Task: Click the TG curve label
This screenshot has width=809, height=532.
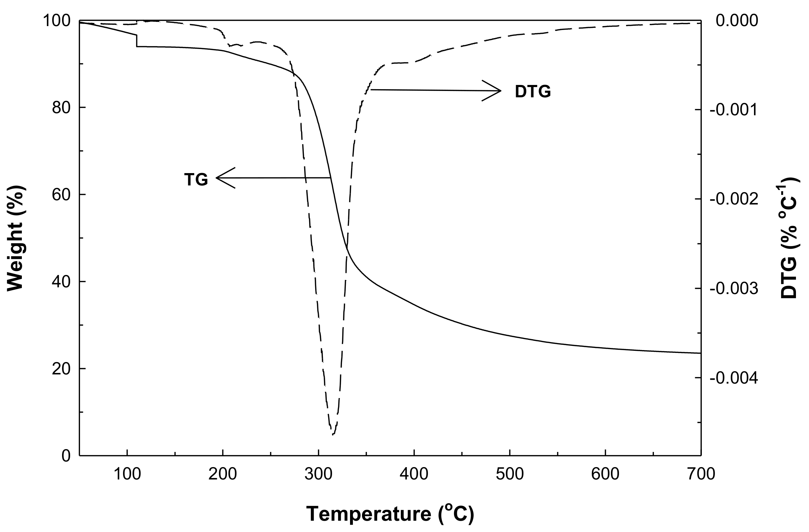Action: (196, 180)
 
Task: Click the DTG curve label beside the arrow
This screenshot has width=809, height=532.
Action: (533, 92)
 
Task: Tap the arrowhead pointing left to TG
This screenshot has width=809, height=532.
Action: (222, 178)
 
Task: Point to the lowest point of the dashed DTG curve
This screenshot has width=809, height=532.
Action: (333, 434)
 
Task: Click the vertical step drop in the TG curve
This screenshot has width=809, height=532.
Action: (137, 41)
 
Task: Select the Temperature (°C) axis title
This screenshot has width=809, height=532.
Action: (390, 514)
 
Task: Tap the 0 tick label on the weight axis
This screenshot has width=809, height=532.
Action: (66, 456)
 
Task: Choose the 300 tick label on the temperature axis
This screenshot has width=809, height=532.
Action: (318, 474)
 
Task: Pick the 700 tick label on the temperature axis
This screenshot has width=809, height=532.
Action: (700, 474)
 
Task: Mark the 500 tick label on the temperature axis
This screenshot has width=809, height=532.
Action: (509, 474)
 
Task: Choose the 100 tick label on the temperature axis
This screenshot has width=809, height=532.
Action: (127, 474)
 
